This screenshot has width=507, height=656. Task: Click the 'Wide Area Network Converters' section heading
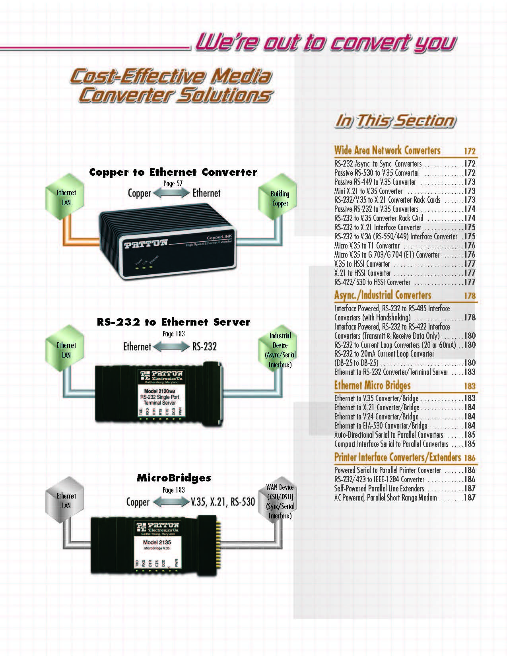coord(387,150)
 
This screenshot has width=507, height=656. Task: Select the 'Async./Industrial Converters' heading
coord(383,295)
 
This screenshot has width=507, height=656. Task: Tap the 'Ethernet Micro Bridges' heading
coord(372,385)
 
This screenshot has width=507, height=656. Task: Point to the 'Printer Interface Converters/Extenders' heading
coord(397,457)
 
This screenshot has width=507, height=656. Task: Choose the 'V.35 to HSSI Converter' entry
coord(362,264)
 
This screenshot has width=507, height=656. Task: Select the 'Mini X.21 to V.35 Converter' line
coord(368,191)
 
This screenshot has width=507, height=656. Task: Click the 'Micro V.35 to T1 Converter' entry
coord(367,246)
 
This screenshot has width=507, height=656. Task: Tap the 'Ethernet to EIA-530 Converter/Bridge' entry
coord(381,426)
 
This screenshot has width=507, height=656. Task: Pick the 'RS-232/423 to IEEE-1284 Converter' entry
coord(379,479)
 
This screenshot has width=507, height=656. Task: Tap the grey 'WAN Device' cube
coord(278,500)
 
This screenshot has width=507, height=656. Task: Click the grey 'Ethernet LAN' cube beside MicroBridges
coord(65,500)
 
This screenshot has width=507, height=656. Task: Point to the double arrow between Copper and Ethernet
coord(171,193)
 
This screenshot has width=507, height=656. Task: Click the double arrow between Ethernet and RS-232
coord(171,347)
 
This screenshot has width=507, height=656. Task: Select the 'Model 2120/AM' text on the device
coord(159,391)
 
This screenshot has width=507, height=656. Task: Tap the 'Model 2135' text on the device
coord(157,542)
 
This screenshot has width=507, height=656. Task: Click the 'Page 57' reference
coord(173,184)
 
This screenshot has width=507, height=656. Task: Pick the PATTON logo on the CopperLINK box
coord(146,244)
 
